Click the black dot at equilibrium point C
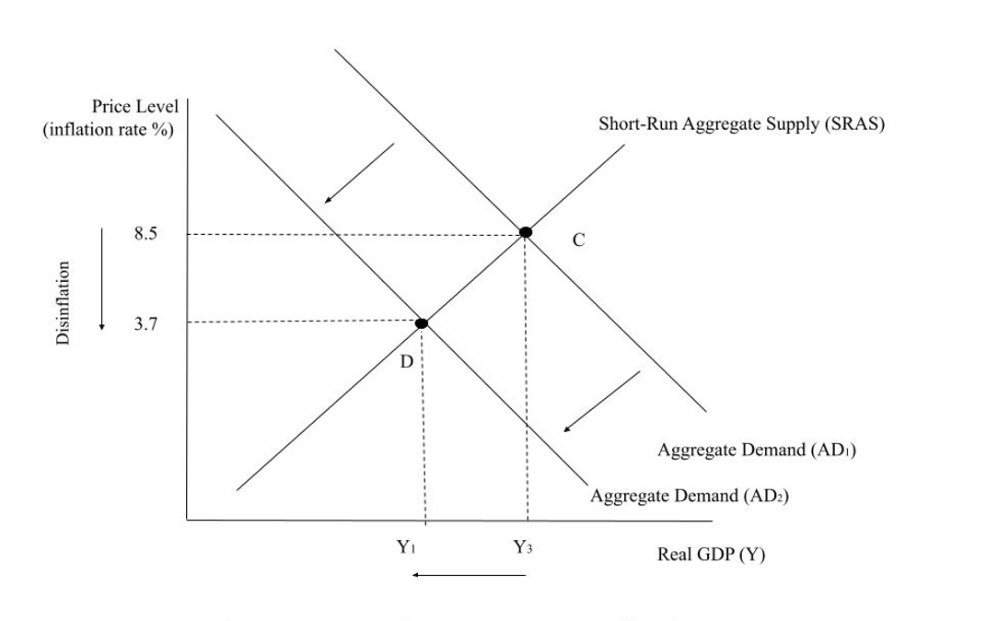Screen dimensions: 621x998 pyautogui.click(x=525, y=232)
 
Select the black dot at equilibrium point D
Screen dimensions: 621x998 pyautogui.click(x=422, y=322)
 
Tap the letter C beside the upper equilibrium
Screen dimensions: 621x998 pyautogui.click(x=578, y=240)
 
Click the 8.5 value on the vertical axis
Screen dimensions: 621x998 pyautogui.click(x=145, y=234)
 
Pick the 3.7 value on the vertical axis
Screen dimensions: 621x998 pyautogui.click(x=145, y=323)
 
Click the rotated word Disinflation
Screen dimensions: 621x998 pyautogui.click(x=64, y=303)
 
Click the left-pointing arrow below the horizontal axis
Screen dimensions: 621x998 pyautogui.click(x=470, y=575)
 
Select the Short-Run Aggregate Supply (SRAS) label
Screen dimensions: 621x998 pyautogui.click(x=742, y=124)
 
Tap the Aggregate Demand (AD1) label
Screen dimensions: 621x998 pyautogui.click(x=758, y=451)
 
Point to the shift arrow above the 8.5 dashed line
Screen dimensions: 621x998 pyautogui.click(x=361, y=173)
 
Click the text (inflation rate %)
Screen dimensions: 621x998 pyautogui.click(x=109, y=130)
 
